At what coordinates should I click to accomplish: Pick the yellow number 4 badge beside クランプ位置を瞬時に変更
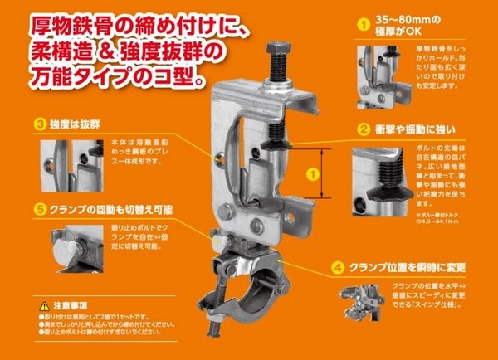pyautogui.click(x=337, y=268)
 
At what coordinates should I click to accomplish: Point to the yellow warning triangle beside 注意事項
pyautogui.click(x=44, y=306)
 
